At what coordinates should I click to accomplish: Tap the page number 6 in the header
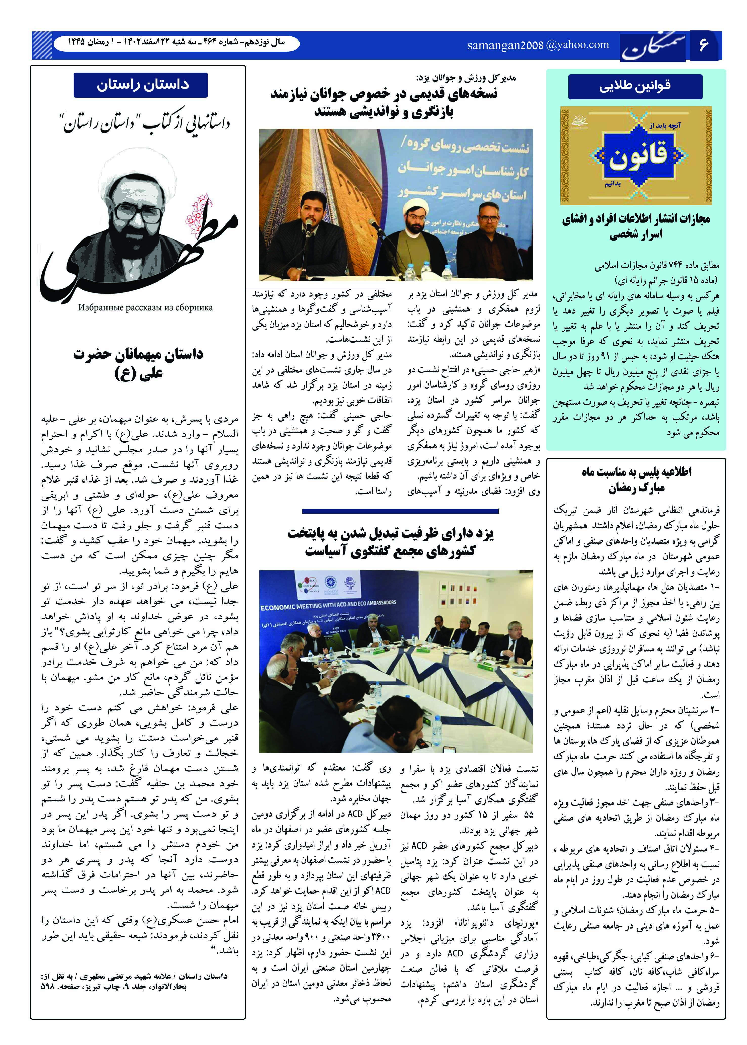click(703, 45)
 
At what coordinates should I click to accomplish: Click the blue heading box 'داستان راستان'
click(140, 85)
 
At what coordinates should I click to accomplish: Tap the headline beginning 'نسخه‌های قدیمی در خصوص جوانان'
click(384, 103)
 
